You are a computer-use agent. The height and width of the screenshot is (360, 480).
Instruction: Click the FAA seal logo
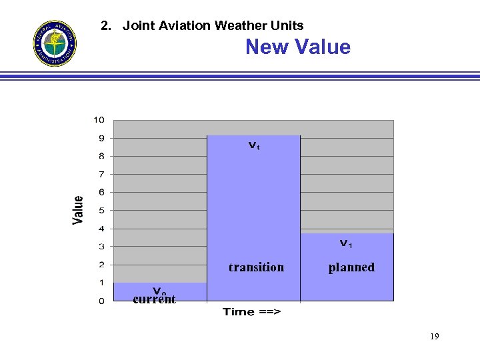click(x=55, y=43)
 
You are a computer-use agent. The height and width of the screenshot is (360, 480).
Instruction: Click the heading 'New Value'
click(x=297, y=47)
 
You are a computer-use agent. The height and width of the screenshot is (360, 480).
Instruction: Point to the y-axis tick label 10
click(x=99, y=120)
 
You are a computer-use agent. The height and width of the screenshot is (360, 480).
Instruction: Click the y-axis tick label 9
click(x=101, y=138)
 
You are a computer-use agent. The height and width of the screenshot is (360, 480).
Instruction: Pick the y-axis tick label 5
click(x=101, y=210)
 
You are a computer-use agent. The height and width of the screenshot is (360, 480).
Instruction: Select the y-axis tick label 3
click(x=101, y=247)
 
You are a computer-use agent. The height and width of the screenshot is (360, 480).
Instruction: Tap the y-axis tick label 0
click(x=101, y=301)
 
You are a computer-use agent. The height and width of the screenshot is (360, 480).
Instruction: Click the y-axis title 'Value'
click(x=79, y=210)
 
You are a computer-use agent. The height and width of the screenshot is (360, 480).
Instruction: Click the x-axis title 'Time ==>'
click(x=251, y=312)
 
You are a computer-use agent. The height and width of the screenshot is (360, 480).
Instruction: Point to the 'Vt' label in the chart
click(x=254, y=145)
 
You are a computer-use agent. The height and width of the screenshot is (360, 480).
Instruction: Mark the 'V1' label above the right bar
click(x=347, y=243)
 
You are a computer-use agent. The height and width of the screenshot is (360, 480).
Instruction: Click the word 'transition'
click(x=256, y=267)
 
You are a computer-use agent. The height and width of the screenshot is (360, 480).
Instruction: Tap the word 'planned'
click(x=351, y=267)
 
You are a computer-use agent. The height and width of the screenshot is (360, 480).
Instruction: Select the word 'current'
click(x=154, y=300)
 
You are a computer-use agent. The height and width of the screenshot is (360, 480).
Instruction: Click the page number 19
click(x=434, y=337)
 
